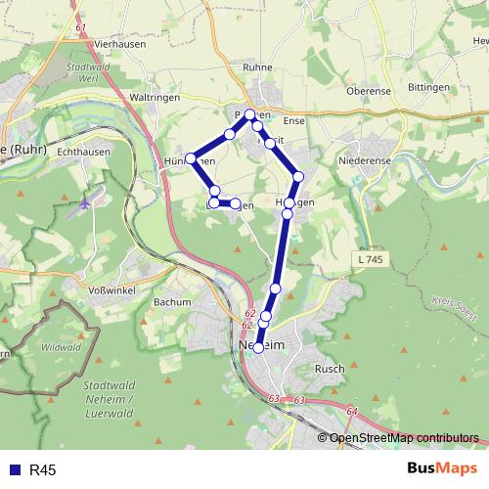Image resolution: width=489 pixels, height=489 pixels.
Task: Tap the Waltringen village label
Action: click(x=152, y=98)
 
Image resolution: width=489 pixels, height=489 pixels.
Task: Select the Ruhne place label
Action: click(x=256, y=68)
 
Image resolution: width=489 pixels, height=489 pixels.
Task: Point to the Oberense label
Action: click(x=371, y=90)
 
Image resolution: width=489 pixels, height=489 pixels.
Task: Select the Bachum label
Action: click(x=172, y=302)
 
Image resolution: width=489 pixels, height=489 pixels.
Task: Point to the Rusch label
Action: click(x=329, y=369)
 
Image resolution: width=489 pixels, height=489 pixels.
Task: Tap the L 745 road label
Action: click(x=368, y=257)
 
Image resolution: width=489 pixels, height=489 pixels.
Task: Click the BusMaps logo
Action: click(x=441, y=469)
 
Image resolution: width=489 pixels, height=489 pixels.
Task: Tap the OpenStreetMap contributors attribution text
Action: click(x=403, y=438)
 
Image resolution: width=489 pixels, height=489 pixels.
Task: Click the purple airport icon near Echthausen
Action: click(x=85, y=203)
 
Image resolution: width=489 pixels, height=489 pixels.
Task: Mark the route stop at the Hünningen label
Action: click(x=191, y=159)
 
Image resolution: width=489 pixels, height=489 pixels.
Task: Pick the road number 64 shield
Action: click(x=351, y=412)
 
